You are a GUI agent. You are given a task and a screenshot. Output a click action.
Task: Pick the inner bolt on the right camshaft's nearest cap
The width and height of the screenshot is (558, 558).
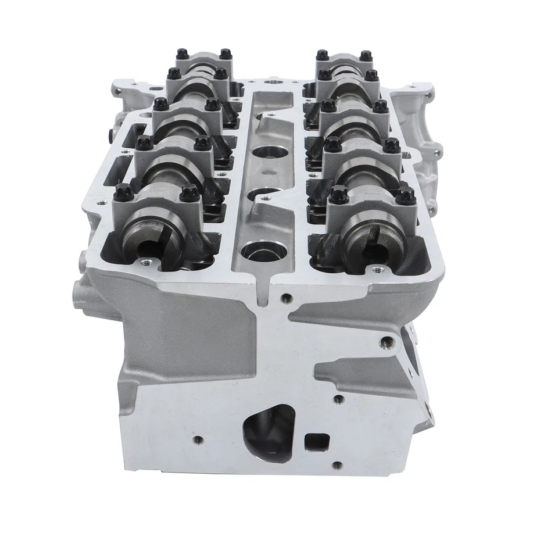tap(339, 194)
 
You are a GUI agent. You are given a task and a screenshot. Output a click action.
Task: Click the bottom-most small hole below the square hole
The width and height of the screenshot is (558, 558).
tap(337, 465)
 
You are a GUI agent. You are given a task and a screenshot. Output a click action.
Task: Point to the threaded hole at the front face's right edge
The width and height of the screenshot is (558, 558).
tap(385, 341)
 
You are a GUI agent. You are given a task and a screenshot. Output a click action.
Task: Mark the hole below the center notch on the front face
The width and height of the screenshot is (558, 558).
tap(285, 299)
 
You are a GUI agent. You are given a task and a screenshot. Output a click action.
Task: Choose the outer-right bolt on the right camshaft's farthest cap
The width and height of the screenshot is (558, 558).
tap(366, 56)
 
